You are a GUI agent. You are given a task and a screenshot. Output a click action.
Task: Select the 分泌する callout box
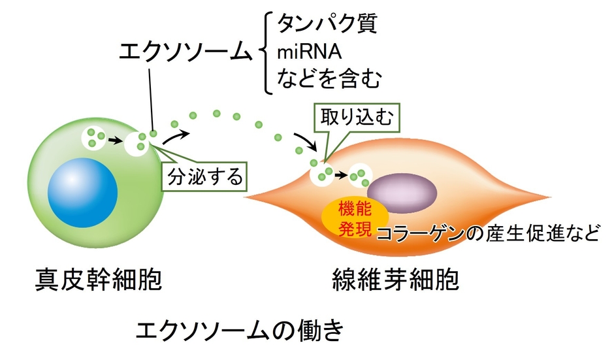click(x=206, y=175)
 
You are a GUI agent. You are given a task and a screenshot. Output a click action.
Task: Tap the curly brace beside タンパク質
click(x=264, y=52)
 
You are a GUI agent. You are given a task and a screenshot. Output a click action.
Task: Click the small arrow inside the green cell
click(x=116, y=139)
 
